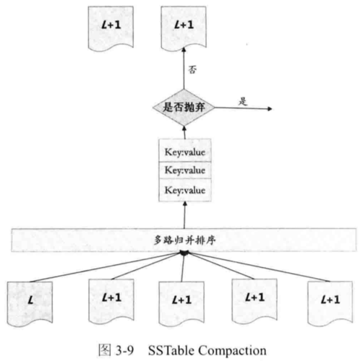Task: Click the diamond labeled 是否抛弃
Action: [x=184, y=108]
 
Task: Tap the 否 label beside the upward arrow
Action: [x=192, y=70]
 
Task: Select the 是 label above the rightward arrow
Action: [x=243, y=101]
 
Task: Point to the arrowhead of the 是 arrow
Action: [x=270, y=109]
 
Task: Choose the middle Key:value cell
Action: [x=185, y=170]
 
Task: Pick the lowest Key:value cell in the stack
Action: [x=185, y=190]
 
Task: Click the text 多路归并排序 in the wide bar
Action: [x=184, y=240]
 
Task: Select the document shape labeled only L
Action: [x=30, y=304]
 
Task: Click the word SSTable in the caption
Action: [x=171, y=350]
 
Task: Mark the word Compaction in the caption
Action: [x=232, y=350]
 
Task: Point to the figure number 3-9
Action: [x=125, y=350]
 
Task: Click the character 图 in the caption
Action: [x=105, y=350]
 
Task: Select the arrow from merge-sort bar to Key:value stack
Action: [x=184, y=215]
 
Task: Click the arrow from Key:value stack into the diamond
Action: [x=184, y=132]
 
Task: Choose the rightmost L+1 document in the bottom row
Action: [x=330, y=304]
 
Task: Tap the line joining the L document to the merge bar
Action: [x=106, y=267]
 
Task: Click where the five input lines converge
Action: [x=184, y=253]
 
